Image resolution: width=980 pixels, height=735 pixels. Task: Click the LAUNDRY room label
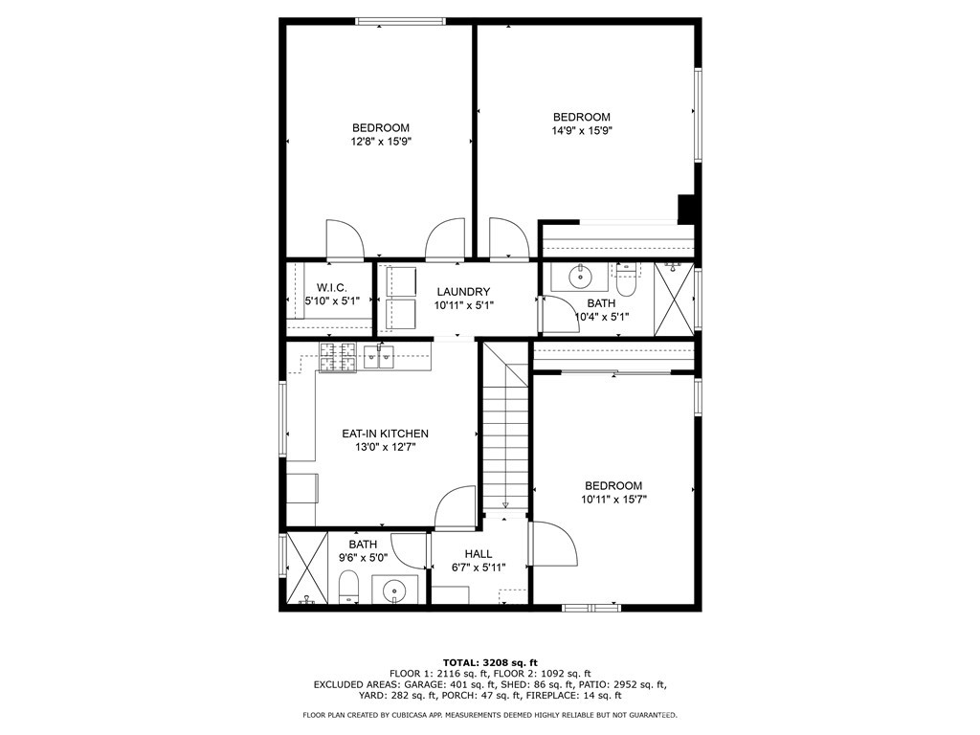[463, 292]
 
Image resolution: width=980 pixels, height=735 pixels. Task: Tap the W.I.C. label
[331, 287]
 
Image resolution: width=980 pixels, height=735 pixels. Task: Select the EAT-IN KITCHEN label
[385, 434]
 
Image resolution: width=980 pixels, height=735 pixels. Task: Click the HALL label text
[479, 554]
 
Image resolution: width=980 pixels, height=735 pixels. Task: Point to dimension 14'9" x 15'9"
[581, 131]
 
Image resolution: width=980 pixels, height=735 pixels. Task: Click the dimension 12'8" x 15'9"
[381, 142]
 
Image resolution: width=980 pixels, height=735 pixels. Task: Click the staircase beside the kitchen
[504, 431]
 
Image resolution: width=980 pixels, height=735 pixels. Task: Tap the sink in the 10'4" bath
[581, 278]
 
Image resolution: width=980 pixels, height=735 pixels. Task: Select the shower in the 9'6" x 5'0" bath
[307, 568]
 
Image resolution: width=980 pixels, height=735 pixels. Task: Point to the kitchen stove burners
[337, 358]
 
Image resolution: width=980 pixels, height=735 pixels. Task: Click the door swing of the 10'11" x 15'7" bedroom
[555, 546]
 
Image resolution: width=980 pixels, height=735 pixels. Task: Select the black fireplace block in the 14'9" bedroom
[686, 209]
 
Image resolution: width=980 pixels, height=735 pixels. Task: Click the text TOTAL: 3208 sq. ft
[490, 662]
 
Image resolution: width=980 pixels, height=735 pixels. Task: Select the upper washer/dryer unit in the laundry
[400, 281]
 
